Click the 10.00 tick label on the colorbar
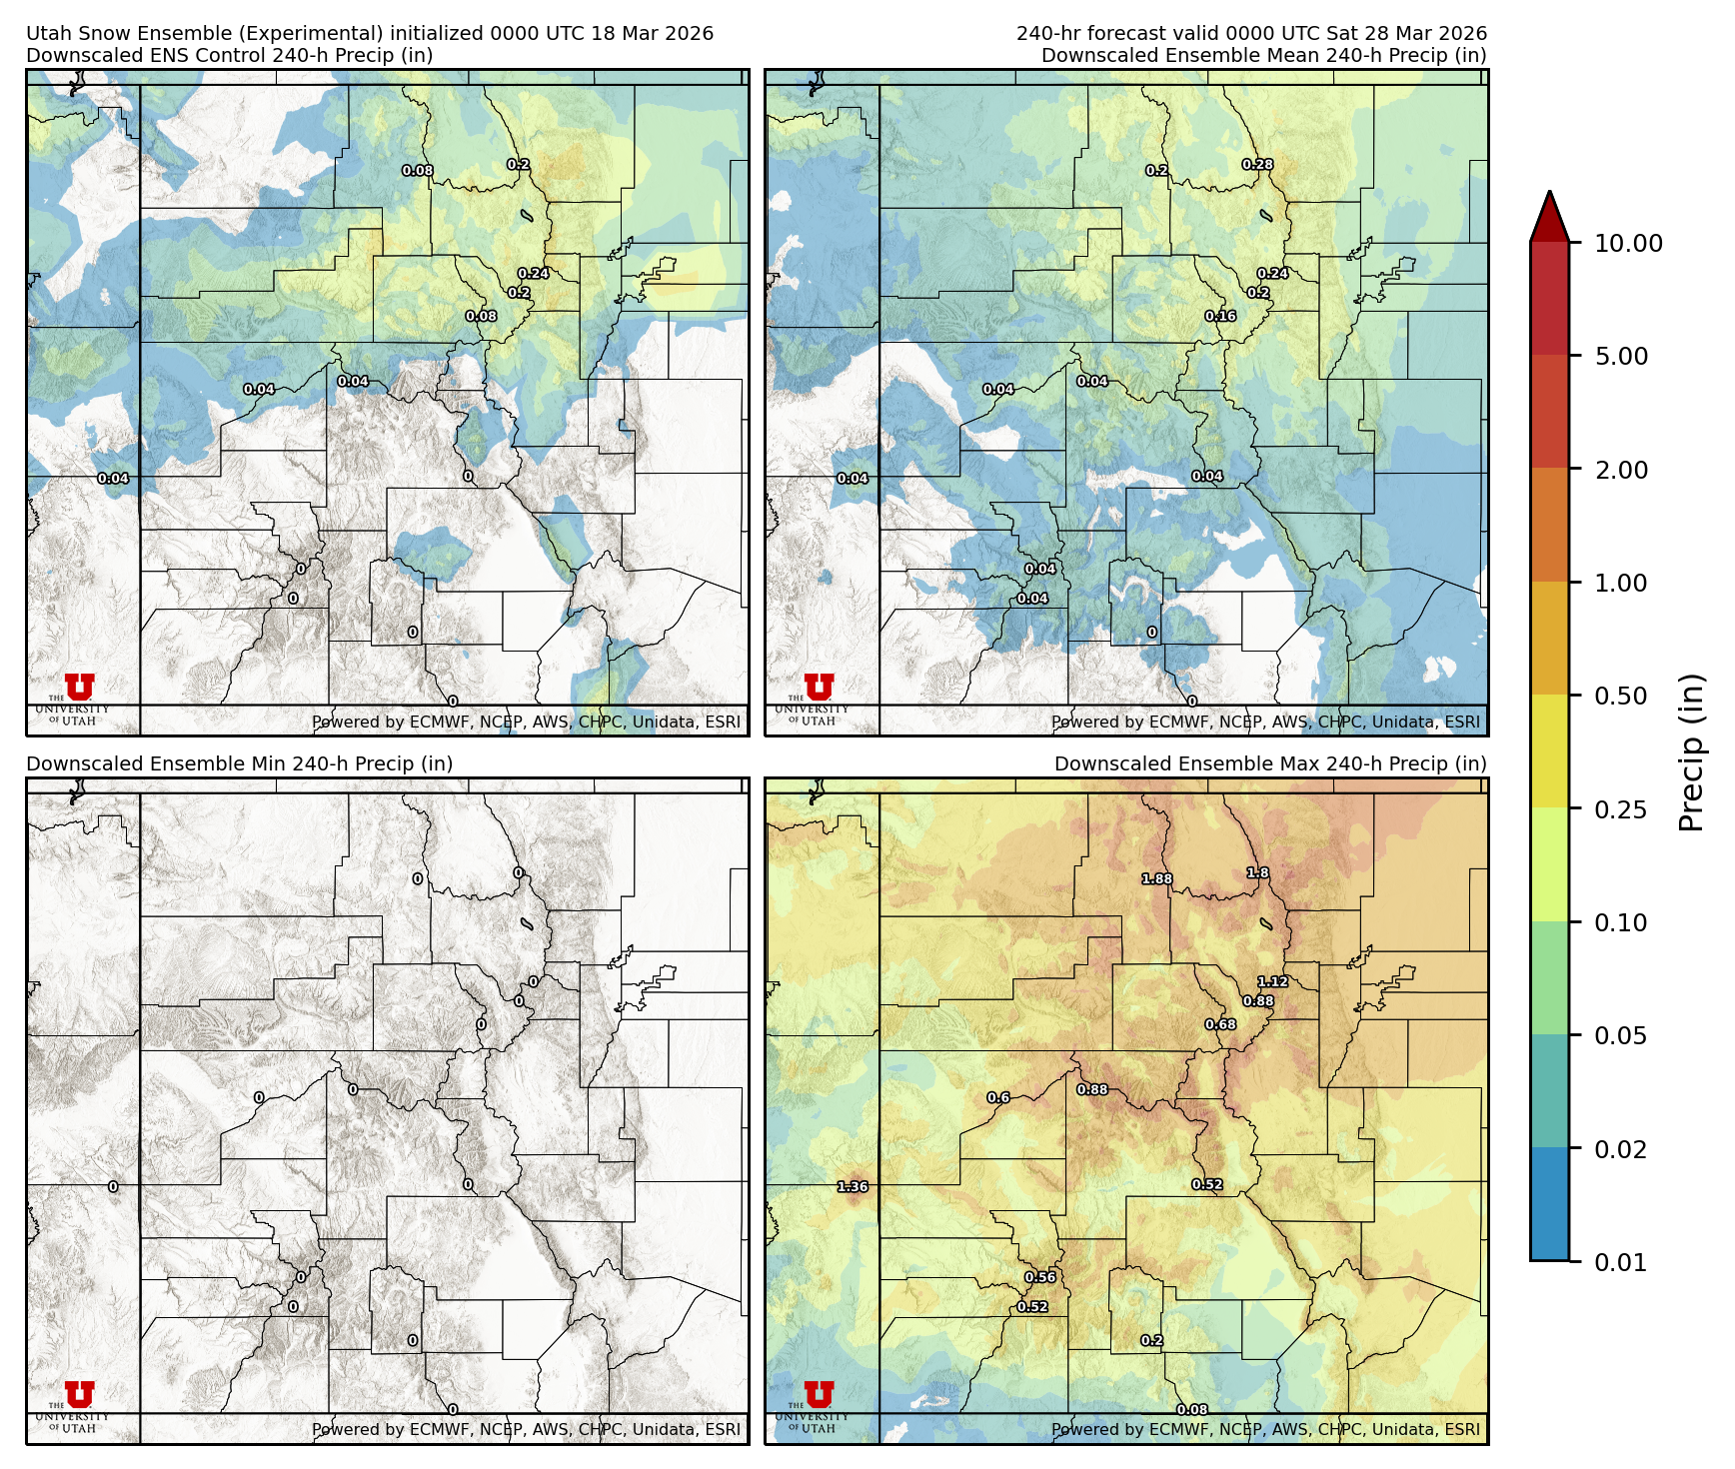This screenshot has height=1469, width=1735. coord(1628,243)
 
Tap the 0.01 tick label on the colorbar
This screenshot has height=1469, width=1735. coord(1620,1262)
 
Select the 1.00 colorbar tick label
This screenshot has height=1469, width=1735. coord(1620,583)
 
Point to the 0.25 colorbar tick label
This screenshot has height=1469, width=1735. coord(1620,809)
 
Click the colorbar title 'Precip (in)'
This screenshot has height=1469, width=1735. coord(1691,752)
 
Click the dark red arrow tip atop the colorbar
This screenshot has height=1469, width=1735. coord(1549,212)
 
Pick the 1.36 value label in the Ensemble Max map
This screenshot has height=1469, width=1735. coord(853,1187)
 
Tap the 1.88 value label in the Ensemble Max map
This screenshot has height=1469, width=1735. coord(1156,879)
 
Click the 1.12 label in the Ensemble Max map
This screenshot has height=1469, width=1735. coord(1272,982)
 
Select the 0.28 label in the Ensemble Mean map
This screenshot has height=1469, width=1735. coord(1257,165)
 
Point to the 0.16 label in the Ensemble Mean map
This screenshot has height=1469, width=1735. coord(1220,317)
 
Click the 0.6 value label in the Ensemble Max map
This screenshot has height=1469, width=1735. coord(998,1097)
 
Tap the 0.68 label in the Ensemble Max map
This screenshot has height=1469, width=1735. coord(1220,1025)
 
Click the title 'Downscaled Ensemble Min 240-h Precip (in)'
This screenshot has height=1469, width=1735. coord(240,763)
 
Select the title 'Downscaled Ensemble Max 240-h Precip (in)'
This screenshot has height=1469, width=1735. coord(1270,763)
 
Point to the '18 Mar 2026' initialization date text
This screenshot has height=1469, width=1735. coord(652,33)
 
